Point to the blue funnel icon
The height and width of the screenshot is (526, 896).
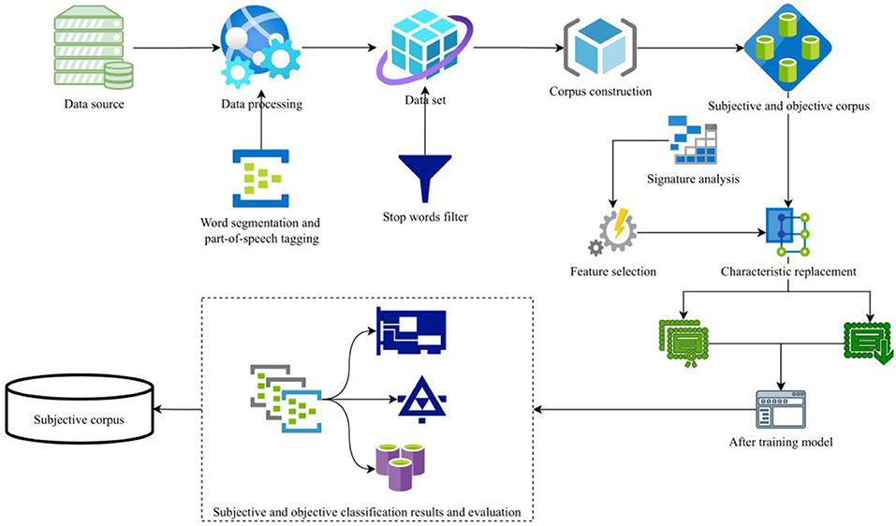coord(426,178)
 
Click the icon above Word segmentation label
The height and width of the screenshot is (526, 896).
coord(260,178)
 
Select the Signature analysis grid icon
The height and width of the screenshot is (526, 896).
coord(694,141)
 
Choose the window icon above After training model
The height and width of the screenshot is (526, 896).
coord(780,406)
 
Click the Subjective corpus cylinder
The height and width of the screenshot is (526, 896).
coord(79,408)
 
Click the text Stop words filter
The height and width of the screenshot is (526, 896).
coord(426,217)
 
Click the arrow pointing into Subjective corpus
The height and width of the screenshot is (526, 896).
coord(178,409)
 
